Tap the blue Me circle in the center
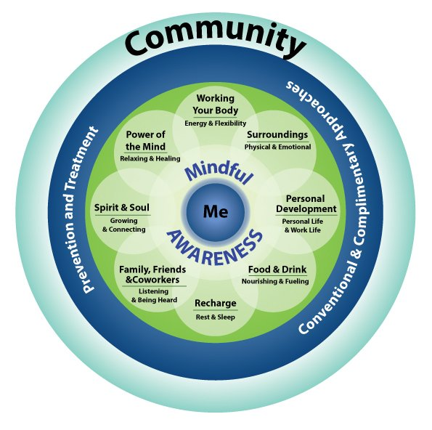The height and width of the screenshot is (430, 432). pyautogui.click(x=216, y=211)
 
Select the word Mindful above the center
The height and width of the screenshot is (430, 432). pyautogui.click(x=219, y=173)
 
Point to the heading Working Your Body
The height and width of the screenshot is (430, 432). pyautogui.click(x=216, y=105)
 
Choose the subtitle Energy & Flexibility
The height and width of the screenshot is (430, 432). pyautogui.click(x=216, y=123)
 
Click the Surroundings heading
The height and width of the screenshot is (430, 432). pyautogui.click(x=277, y=135)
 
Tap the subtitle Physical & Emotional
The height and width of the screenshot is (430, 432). pyautogui.click(x=277, y=147)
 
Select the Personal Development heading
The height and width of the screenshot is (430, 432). pyautogui.click(x=306, y=203)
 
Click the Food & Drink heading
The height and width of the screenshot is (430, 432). pyautogui.click(x=277, y=269)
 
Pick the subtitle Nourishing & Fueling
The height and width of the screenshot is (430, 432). pyautogui.click(x=275, y=281)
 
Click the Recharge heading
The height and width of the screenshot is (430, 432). pyautogui.click(x=216, y=303)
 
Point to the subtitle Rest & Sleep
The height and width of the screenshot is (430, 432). pyautogui.click(x=216, y=317)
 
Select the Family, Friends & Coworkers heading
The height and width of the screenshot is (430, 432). pyautogui.click(x=152, y=275)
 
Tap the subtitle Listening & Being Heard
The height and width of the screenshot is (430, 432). pyautogui.click(x=154, y=296)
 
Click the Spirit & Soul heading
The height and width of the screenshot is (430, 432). pyautogui.click(x=122, y=208)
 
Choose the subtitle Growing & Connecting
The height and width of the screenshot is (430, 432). pyautogui.click(x=124, y=225)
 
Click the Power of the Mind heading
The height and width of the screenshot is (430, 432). pyautogui.click(x=145, y=141)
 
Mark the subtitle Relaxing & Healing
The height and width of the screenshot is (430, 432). pyautogui.click(x=150, y=158)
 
